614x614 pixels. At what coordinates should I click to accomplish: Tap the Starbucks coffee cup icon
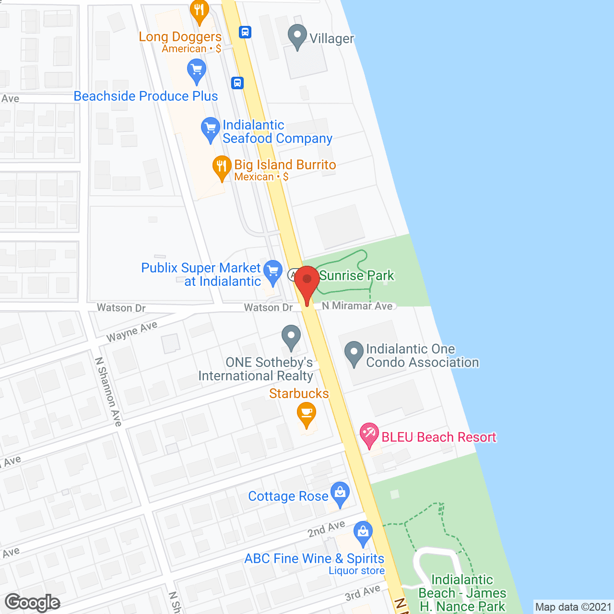(307, 414)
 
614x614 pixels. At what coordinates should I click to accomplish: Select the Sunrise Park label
(356, 275)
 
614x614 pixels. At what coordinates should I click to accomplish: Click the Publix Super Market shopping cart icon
(273, 272)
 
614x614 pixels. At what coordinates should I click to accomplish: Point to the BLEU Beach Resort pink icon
(369, 435)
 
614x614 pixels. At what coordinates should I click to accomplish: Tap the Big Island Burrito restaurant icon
(221, 167)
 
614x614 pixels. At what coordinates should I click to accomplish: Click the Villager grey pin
(297, 36)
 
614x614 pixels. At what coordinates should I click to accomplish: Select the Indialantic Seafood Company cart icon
(210, 129)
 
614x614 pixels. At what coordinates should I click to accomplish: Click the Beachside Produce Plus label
(146, 96)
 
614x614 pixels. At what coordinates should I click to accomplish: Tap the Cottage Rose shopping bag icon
(340, 494)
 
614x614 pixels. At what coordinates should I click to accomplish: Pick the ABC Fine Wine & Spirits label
(314, 558)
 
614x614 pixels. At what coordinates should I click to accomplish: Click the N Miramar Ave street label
(357, 306)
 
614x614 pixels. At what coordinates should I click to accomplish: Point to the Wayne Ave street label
(132, 331)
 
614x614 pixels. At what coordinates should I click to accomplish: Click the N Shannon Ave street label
(108, 391)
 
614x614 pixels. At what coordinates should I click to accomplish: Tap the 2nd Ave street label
(326, 529)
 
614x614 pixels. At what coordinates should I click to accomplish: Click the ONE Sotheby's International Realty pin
(291, 337)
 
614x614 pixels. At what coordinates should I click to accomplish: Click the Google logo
(33, 602)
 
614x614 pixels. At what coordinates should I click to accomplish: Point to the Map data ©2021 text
(573, 607)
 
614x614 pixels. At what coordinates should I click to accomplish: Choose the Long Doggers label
(180, 36)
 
